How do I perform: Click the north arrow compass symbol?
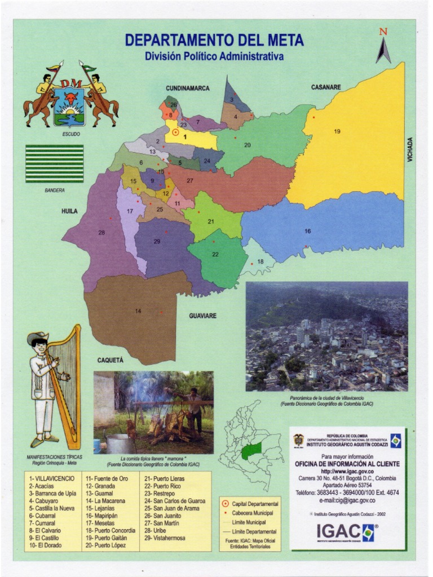tap(383, 47)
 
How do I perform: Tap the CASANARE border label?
tap(326, 87)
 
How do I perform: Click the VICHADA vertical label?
tap(410, 150)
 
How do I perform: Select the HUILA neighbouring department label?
tap(69, 211)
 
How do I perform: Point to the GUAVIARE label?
tap(202, 316)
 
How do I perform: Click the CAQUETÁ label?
tap(110, 359)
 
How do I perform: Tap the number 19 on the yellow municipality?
tap(337, 131)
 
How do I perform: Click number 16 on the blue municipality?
tap(307, 231)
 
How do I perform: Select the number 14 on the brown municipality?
tap(138, 311)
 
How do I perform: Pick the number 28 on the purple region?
tap(101, 233)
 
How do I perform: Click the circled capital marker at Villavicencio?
tap(176, 133)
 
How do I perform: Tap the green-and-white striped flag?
tap(54, 163)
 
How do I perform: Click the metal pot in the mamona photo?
tap(120, 443)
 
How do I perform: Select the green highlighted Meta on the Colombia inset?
tap(252, 451)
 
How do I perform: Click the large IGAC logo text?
tap(338, 531)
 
